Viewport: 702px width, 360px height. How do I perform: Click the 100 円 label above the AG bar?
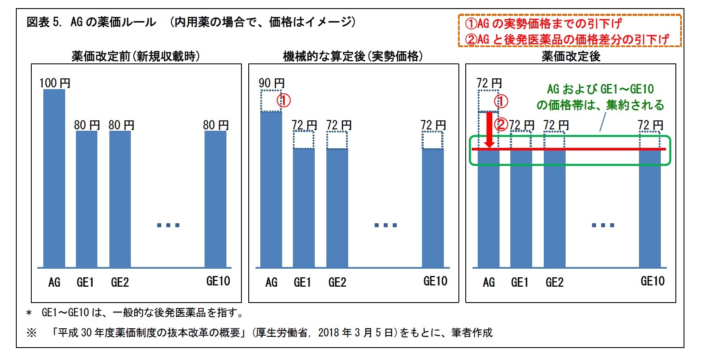[55, 83]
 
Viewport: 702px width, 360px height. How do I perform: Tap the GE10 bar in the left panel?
[215, 199]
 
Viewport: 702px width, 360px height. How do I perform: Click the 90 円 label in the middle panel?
[271, 83]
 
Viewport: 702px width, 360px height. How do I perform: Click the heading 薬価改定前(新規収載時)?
[136, 56]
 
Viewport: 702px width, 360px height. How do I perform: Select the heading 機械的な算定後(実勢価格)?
[353, 56]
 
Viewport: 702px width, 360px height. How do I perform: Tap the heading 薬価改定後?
[570, 56]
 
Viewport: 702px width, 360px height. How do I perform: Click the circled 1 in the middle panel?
[284, 101]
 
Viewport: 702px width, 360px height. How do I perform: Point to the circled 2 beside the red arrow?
[501, 125]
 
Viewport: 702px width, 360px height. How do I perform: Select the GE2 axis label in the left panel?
[120, 282]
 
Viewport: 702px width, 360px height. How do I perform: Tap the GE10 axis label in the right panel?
[652, 281]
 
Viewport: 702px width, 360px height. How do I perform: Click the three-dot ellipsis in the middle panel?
[386, 225]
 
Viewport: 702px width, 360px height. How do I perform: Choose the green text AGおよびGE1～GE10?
[600, 89]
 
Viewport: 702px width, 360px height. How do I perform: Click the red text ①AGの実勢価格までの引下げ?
[543, 23]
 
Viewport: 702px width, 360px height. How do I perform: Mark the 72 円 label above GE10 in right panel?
[650, 125]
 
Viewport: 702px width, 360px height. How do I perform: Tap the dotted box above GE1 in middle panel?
[304, 140]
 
